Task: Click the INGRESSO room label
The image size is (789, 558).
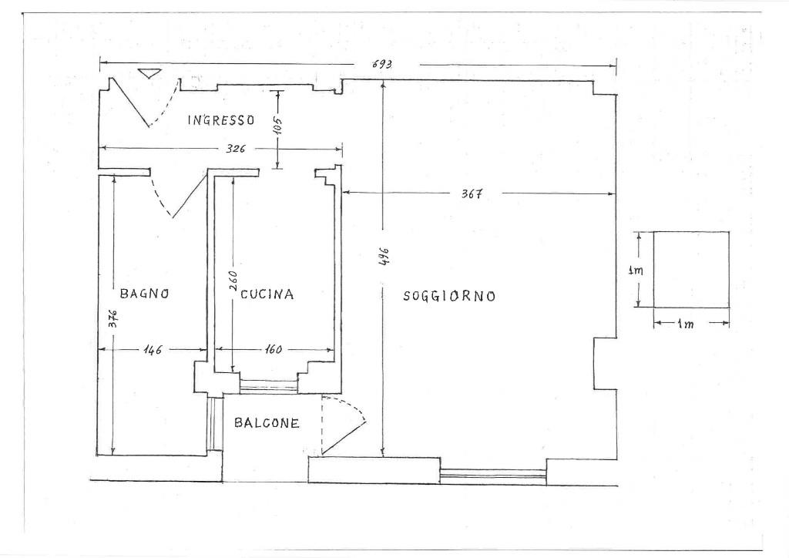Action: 221,120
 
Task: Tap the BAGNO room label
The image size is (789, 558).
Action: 144,294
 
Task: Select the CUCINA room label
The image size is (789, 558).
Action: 267,294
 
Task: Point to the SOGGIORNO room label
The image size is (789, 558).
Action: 449,297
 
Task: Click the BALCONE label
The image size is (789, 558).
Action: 267,423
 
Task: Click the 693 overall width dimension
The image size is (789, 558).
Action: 382,64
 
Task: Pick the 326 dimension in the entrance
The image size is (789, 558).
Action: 236,149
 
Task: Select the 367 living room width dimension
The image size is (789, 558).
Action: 472,193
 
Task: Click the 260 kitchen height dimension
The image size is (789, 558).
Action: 233,281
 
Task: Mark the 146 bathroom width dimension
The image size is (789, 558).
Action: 152,349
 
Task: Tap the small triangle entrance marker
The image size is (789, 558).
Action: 149,73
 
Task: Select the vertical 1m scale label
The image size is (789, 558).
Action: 636,271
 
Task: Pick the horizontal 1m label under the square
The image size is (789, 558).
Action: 685,324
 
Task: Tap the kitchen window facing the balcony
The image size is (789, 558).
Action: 268,387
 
